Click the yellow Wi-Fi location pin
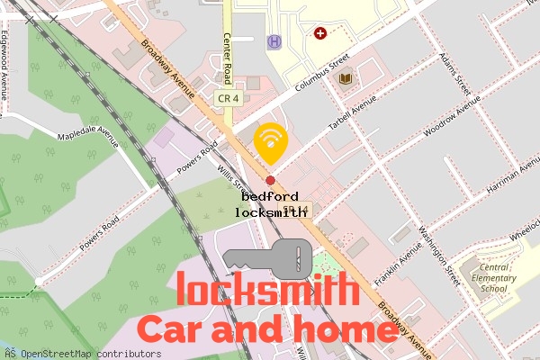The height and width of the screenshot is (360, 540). [270, 142]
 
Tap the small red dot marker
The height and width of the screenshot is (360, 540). [270, 167]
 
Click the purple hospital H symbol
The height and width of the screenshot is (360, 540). [274, 41]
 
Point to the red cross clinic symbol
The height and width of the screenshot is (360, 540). [319, 33]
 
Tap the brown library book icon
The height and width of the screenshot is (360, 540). [346, 79]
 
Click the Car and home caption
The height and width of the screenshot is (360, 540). [267, 329]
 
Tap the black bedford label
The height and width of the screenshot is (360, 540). [270, 196]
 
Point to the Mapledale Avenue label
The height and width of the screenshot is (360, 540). [88, 136]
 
